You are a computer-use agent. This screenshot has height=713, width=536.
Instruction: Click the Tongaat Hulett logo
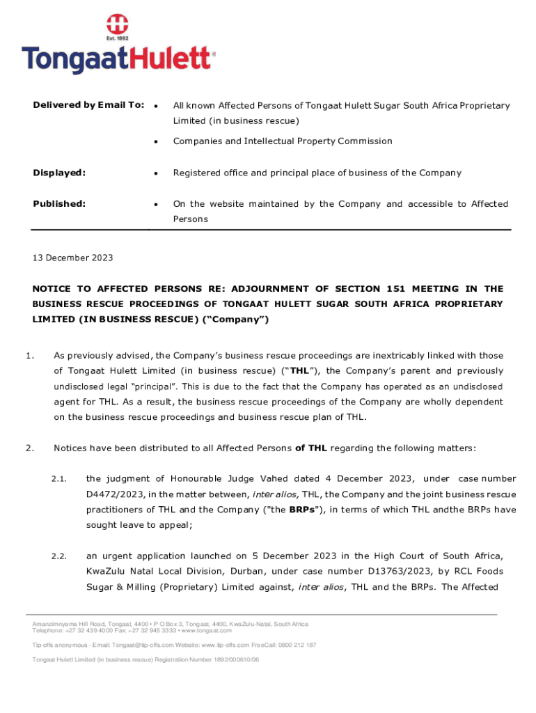click(118, 58)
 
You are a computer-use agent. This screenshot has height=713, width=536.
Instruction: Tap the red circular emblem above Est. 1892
click(118, 24)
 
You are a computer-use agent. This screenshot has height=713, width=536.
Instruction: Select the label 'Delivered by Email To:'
click(88, 105)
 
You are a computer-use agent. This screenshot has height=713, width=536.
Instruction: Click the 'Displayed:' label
click(59, 173)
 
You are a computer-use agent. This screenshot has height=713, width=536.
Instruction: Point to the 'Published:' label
click(59, 204)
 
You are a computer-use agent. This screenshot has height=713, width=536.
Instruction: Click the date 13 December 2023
click(72, 258)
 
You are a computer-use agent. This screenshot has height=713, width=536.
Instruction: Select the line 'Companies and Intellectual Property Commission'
click(283, 141)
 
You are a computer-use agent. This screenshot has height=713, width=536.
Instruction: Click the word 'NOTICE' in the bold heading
click(54, 288)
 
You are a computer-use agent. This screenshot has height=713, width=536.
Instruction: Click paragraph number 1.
click(30, 356)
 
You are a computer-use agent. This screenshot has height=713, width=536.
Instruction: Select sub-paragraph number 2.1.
click(58, 479)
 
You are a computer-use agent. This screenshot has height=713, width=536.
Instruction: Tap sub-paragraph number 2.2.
click(58, 556)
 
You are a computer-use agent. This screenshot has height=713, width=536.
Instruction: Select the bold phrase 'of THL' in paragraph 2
click(311, 448)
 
